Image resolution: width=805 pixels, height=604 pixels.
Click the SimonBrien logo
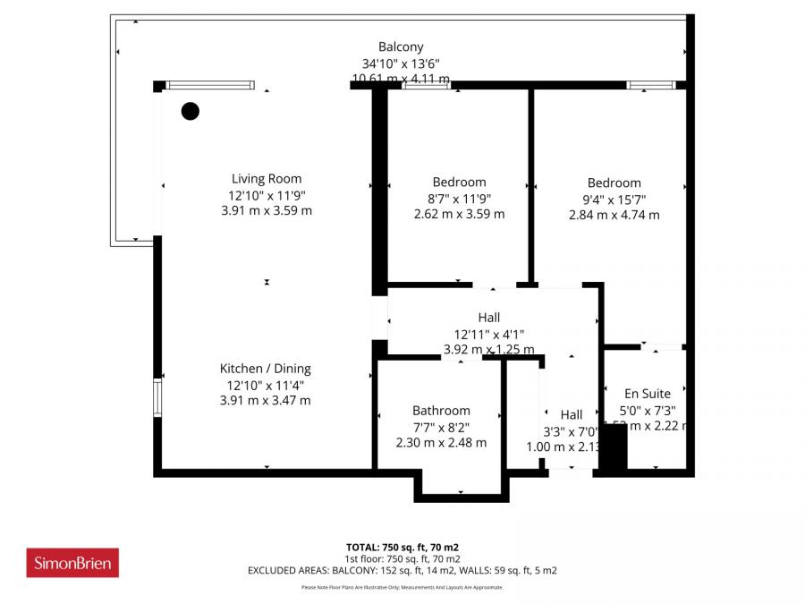[72, 563]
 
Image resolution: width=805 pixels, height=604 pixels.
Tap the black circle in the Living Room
[191, 111]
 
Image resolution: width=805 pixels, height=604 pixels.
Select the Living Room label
[267, 179]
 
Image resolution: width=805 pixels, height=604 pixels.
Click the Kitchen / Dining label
[266, 369]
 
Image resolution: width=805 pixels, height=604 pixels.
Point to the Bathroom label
[441, 411]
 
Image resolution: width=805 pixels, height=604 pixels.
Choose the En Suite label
[647, 393]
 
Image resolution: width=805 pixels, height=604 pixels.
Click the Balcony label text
[401, 47]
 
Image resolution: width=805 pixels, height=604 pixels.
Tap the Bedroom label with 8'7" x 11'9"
[459, 183]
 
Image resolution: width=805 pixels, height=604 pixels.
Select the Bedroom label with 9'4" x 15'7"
[614, 183]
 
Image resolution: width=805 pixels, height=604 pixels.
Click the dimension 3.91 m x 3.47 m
[266, 401]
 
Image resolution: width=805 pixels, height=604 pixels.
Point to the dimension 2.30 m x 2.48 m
[441, 442]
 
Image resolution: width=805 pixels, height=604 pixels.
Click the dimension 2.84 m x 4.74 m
[614, 215]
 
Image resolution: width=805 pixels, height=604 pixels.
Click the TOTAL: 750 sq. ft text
[402, 547]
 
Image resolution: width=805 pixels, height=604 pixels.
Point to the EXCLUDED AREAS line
[402, 570]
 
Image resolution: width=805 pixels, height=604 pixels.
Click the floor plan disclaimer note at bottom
[402, 588]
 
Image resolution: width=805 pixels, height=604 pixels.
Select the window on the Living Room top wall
[210, 86]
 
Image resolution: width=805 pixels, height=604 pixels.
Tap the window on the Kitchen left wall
[157, 398]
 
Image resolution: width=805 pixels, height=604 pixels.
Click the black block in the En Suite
[613, 447]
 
